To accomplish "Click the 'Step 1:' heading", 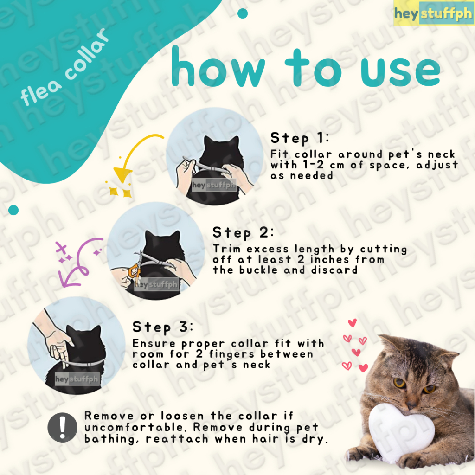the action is (299, 138).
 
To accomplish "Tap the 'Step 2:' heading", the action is (243, 233).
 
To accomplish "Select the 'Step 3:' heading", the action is (163, 327).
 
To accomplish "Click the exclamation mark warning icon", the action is (63, 427).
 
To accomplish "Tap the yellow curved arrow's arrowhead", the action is (122, 175).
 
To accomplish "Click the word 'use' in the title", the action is (400, 71).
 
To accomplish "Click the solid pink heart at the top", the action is (353, 323).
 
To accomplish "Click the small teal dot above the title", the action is (243, 13).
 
